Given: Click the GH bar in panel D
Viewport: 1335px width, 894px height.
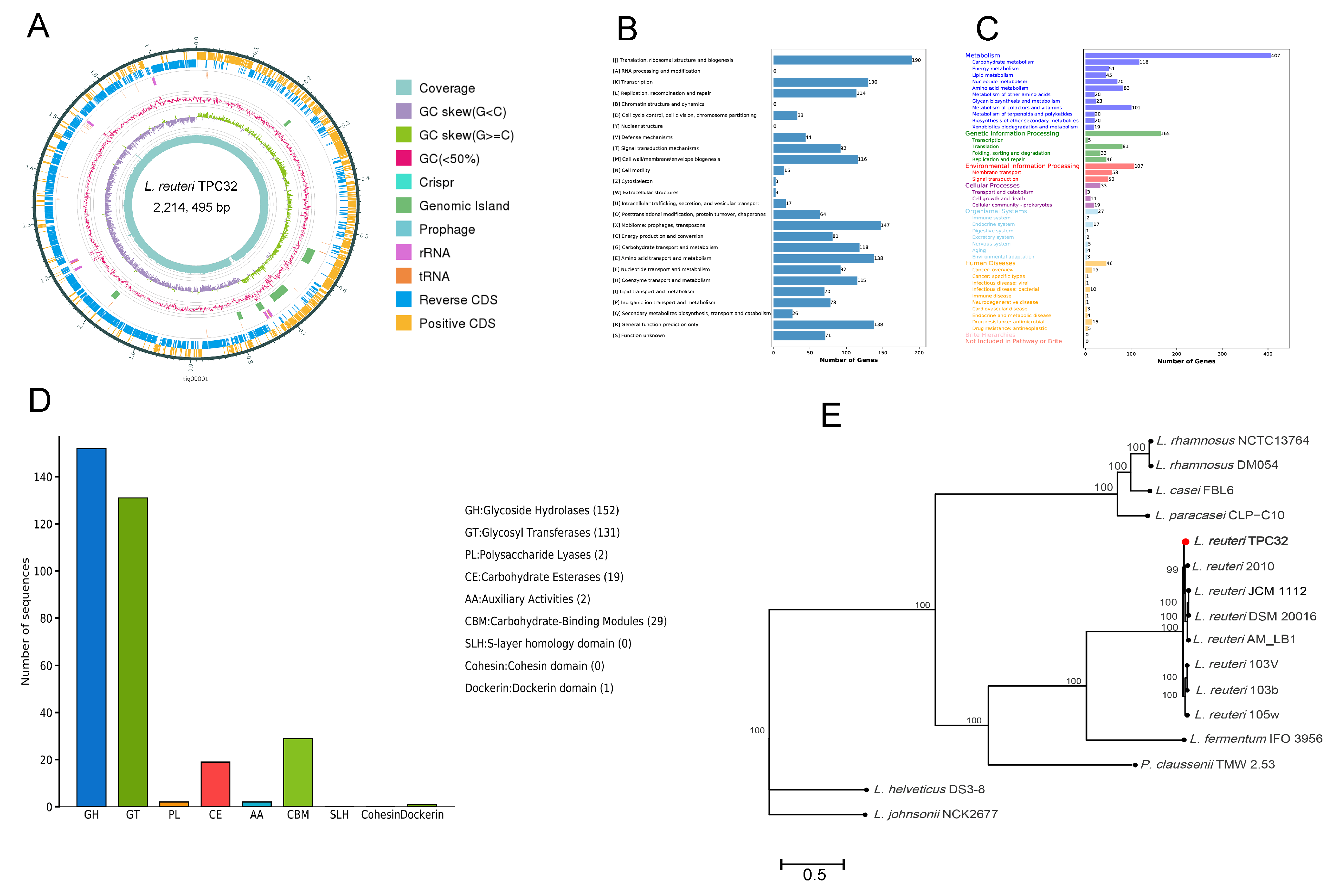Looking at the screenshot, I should click(x=91, y=627).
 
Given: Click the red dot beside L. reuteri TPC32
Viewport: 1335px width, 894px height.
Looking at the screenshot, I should click(x=1186, y=542).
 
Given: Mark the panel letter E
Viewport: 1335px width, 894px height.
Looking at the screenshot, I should click(x=831, y=415).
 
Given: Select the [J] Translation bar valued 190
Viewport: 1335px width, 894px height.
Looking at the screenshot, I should click(x=842, y=60).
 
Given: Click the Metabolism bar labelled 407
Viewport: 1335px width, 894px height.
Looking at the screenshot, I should click(x=1178, y=55).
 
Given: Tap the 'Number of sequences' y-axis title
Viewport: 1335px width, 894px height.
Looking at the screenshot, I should click(x=25, y=621).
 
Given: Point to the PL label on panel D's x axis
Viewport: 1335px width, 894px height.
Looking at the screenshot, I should click(x=174, y=815).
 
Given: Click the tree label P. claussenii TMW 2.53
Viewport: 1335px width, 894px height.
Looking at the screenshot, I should click(x=1207, y=765).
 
